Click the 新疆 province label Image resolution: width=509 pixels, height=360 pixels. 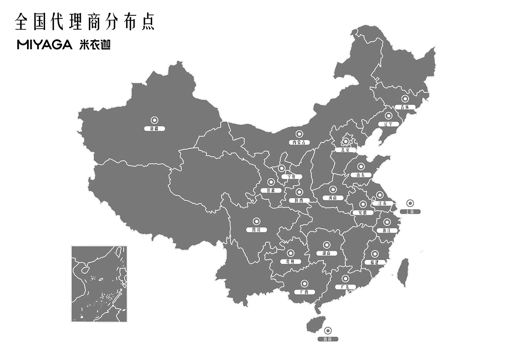click(x=154, y=128)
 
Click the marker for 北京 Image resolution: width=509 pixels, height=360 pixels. click(x=345, y=141)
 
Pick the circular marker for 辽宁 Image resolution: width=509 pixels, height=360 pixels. click(x=388, y=116)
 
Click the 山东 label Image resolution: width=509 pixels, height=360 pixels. click(x=361, y=175)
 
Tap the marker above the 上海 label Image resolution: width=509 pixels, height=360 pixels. click(x=410, y=203)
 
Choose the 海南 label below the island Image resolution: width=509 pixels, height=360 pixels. click(x=328, y=339)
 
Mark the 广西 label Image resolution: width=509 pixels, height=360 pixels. click(x=304, y=292)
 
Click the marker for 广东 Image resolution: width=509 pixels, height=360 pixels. click(x=345, y=278)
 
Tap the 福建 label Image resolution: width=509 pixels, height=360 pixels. click(x=374, y=262)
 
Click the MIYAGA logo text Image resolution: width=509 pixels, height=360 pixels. click(x=45, y=45)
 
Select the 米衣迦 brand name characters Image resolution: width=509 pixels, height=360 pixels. click(x=95, y=45)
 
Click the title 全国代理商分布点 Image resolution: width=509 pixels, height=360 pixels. click(x=85, y=22)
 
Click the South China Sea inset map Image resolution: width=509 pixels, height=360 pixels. click(x=99, y=284)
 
